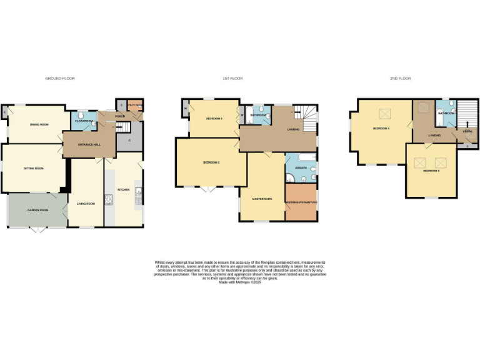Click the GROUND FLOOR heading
(60, 79)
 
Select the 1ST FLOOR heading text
(232, 79)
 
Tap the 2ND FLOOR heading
(401, 79)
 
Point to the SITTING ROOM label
(34, 168)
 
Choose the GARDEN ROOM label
(37, 210)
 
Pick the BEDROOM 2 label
(211, 162)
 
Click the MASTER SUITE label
(262, 199)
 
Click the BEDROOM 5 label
(431, 171)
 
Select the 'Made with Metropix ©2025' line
(240, 282)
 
